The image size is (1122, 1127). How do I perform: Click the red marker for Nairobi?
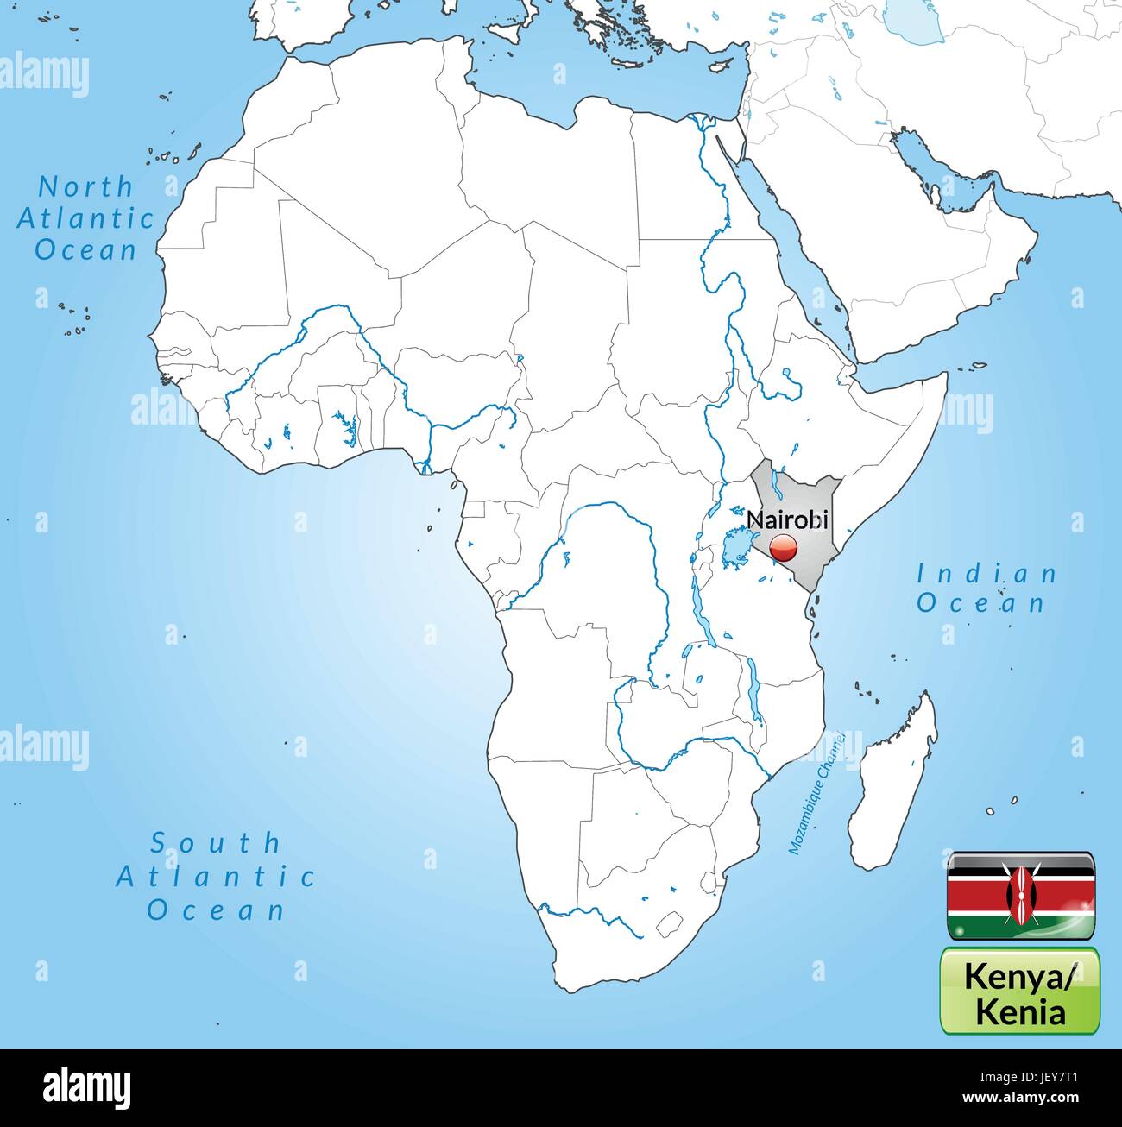[783, 547]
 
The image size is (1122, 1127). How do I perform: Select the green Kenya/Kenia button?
[1020, 991]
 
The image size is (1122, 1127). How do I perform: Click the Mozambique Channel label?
[815, 794]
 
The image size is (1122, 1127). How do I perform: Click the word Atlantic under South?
[216, 877]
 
